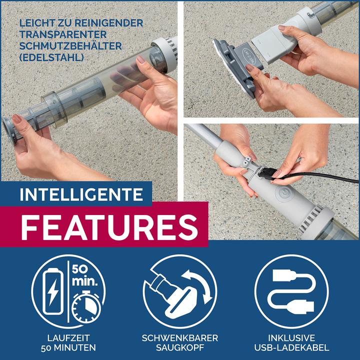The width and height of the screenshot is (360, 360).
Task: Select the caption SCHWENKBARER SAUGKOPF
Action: click(x=180, y=342)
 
